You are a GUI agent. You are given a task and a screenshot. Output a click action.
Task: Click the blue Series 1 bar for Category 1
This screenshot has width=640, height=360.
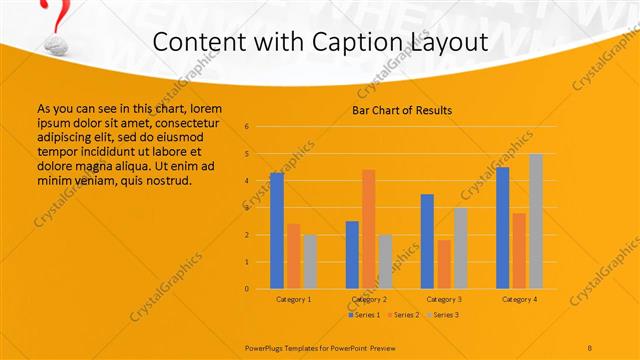click(x=277, y=230)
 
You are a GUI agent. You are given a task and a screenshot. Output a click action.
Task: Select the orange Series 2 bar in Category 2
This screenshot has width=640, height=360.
click(x=368, y=229)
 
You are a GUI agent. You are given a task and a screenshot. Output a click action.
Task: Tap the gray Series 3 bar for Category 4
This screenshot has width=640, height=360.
click(x=536, y=221)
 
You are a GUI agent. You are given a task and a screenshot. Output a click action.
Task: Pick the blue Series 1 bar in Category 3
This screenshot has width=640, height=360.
click(x=427, y=241)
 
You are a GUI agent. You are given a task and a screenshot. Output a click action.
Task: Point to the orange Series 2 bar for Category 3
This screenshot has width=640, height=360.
click(x=444, y=264)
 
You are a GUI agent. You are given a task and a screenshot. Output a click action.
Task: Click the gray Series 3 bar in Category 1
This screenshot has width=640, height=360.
click(x=310, y=261)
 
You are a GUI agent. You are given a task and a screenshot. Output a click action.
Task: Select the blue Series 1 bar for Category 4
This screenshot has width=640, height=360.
click(x=502, y=227)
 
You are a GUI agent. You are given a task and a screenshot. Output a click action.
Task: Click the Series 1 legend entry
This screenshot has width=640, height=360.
click(x=364, y=315)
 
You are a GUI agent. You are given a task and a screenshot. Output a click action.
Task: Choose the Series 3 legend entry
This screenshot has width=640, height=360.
click(x=443, y=315)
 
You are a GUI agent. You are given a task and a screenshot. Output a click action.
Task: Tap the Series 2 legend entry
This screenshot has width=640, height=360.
click(x=403, y=315)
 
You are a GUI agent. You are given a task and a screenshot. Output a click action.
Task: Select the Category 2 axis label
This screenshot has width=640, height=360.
click(x=368, y=299)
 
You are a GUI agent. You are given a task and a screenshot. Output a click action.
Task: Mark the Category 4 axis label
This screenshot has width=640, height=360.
click(x=519, y=299)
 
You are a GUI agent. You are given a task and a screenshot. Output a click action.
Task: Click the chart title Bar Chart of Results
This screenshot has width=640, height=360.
click(x=402, y=110)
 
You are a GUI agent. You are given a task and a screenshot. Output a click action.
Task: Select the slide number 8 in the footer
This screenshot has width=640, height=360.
click(x=590, y=347)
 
